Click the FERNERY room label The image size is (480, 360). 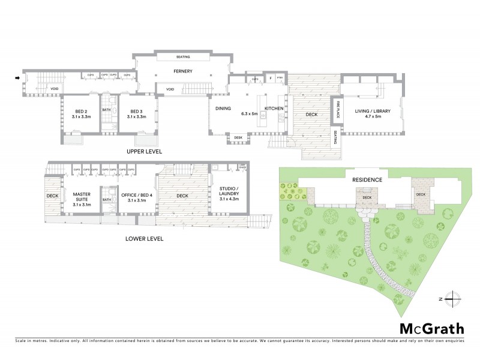182,71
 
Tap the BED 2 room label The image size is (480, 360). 82,112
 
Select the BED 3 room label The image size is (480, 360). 135,112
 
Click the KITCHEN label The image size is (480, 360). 274,109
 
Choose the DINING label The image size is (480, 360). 223,109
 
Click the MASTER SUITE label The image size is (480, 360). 81,197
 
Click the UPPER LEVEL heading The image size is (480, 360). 144,152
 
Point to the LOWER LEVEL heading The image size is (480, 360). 144,238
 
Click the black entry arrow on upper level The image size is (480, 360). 17,78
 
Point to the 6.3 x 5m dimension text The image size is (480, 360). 249,113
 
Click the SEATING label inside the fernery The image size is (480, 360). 183,57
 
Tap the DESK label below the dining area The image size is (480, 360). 238,137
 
